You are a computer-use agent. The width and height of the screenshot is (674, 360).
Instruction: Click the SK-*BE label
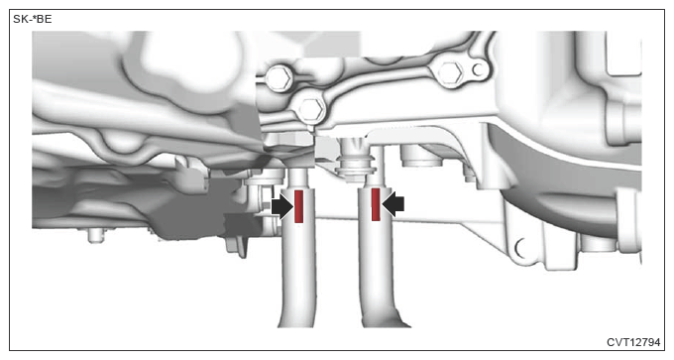click(33, 20)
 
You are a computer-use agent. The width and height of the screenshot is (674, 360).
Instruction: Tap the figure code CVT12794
click(633, 342)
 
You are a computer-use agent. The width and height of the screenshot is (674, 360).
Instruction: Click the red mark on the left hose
click(298, 206)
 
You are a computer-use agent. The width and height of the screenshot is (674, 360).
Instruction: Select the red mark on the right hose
click(376, 204)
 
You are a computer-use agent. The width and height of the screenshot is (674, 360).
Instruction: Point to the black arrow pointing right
click(282, 206)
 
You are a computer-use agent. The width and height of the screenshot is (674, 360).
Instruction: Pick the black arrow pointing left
click(393, 204)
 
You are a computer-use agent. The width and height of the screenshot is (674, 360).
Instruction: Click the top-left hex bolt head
click(279, 78)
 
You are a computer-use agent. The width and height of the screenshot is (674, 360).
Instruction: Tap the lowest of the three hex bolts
click(311, 109)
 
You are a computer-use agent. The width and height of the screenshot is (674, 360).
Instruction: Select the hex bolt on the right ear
click(450, 73)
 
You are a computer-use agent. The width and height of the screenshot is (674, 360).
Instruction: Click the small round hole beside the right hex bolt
click(478, 69)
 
